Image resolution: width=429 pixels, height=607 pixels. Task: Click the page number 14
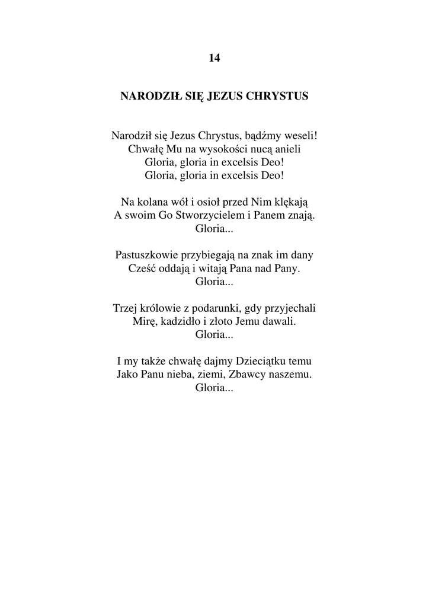[x=214, y=58]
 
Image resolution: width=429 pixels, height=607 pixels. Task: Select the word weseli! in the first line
[x=300, y=136]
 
